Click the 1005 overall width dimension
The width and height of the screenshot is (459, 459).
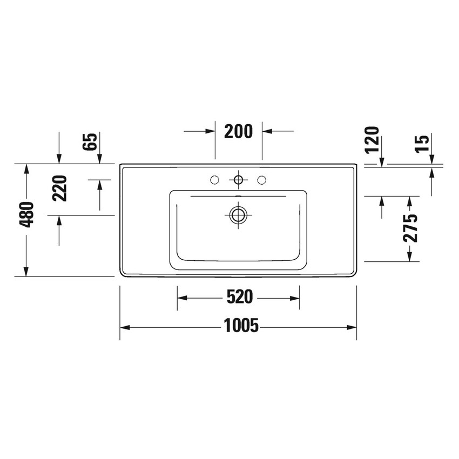(238, 326)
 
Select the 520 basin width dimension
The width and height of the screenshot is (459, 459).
(238, 296)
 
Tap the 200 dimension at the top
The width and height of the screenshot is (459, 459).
(238, 131)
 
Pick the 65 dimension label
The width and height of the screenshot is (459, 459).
(91, 142)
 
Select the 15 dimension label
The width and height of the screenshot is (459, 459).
(423, 142)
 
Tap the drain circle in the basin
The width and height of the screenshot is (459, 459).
(238, 215)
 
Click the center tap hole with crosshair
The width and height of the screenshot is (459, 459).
(238, 179)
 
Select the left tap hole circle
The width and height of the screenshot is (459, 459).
(214, 179)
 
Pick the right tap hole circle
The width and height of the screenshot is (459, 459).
(262, 179)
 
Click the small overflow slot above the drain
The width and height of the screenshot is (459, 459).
(238, 195)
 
